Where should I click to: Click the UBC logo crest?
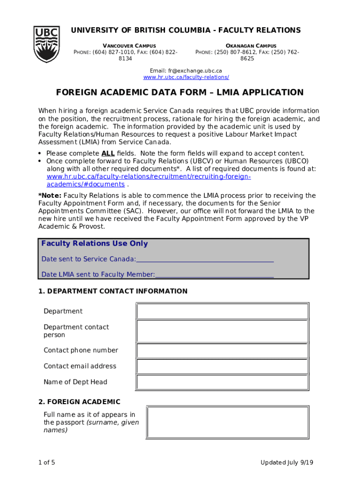(47, 44)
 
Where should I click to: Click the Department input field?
(222, 311)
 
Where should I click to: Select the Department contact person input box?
(222, 331)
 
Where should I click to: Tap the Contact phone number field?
(222, 350)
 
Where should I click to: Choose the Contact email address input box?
(222, 366)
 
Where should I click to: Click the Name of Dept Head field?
(222, 382)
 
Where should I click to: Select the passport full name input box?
(227, 422)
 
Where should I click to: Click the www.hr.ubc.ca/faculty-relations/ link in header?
(186, 77)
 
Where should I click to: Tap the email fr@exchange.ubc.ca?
(186, 71)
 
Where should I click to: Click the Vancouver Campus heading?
(129, 45)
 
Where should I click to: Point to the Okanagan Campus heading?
(251, 45)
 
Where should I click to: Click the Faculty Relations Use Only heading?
(94, 243)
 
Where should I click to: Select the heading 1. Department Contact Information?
(113, 291)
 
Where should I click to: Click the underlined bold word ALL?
(108, 153)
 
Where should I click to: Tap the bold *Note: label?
(50, 196)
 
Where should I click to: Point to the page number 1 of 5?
(47, 463)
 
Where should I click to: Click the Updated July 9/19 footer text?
(287, 463)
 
